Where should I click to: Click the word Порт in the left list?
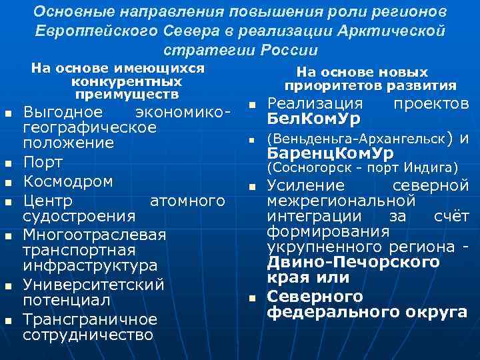point(43,163)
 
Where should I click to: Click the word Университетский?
point(93,285)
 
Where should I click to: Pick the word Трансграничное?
point(90,319)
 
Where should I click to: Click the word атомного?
point(187,200)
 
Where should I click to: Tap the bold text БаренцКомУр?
point(329,153)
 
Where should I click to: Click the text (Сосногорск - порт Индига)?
point(362,167)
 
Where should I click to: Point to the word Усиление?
point(306,186)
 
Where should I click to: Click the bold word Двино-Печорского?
point(353,262)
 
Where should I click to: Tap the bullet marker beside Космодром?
point(9,182)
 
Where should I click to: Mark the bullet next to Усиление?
point(253,187)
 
